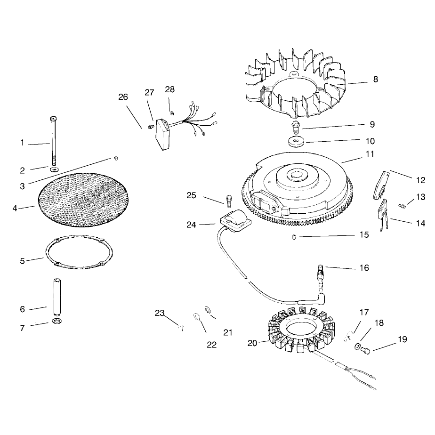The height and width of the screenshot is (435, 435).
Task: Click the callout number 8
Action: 375,80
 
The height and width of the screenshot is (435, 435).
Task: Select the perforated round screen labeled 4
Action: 83,200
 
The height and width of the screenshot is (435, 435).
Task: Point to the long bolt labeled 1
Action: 53,142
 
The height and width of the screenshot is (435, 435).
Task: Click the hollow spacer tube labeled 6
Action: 56,297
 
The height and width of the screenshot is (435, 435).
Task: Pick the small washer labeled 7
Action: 57,321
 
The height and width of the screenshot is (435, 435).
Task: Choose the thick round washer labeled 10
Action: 296,141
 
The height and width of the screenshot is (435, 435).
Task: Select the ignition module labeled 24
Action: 236,220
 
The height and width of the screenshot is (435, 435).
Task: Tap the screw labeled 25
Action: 229,201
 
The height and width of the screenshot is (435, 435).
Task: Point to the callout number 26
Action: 123,97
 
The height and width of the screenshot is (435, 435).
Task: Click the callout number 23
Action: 160,313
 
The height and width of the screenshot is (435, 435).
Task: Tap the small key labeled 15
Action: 294,237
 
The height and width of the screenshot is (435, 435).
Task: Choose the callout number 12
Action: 420,180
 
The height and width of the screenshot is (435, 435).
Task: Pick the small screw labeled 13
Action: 402,206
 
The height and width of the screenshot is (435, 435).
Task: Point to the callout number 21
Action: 228,332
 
